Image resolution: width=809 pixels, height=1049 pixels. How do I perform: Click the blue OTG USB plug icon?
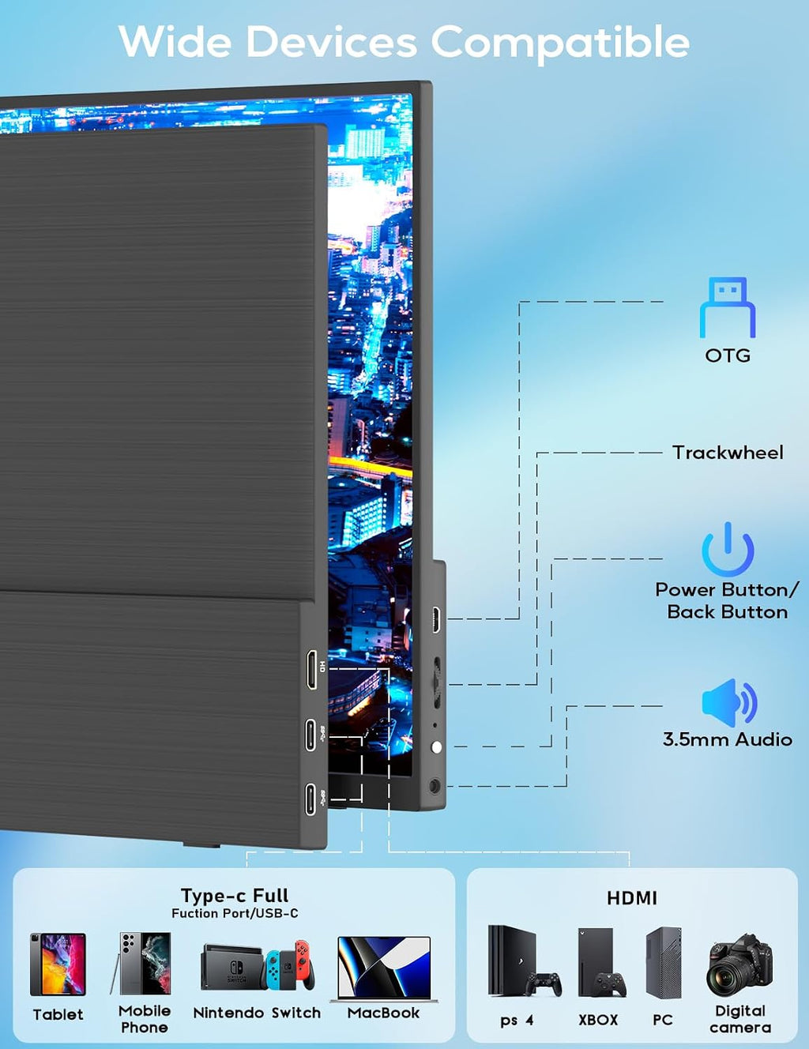pos(728,307)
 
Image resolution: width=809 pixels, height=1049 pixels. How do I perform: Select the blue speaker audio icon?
pos(729,703)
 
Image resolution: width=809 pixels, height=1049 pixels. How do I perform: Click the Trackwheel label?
pos(728,453)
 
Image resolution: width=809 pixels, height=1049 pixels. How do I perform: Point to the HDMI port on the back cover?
pos(312,669)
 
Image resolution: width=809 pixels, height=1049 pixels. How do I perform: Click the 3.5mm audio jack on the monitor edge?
pos(435,786)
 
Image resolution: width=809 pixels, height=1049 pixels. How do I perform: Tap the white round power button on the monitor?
pos(436,748)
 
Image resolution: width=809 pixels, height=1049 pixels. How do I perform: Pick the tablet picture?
pos(58,964)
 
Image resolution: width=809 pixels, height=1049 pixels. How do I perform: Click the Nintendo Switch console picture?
pos(258,965)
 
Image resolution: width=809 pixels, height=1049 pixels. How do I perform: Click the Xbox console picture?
pos(601,963)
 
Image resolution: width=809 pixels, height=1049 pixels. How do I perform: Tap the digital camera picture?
pos(739,965)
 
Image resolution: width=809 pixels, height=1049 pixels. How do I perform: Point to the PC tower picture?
pos(664,963)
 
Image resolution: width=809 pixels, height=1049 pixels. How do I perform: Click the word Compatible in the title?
pos(560,42)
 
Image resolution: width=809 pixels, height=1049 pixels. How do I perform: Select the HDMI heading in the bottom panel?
pos(632,898)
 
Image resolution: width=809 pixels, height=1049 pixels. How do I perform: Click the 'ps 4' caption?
pos(517,1020)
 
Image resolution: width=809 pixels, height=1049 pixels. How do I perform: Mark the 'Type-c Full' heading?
pos(235,896)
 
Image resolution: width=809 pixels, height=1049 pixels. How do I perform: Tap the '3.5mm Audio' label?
pos(728,739)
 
